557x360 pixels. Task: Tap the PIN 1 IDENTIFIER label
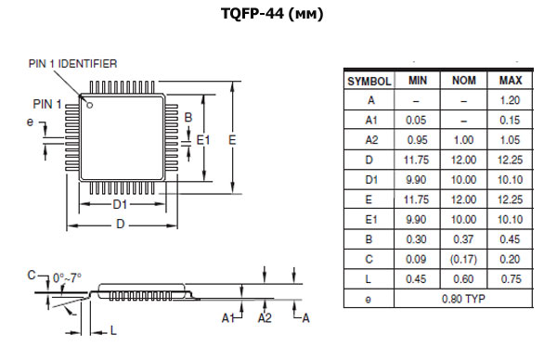[74, 63]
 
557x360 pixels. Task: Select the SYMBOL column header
[369, 81]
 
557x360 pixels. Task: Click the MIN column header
[417, 81]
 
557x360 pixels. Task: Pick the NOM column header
[463, 81]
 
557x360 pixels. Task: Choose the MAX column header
[510, 81]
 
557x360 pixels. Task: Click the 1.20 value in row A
[510, 100]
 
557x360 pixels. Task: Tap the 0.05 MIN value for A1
[417, 120]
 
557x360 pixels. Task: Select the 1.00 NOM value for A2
[463, 139]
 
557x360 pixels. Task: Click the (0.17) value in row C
[463, 259]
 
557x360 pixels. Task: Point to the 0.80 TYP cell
[463, 299]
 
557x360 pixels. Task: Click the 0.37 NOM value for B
[463, 238]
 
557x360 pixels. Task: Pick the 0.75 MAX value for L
[510, 278]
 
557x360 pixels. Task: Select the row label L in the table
[369, 278]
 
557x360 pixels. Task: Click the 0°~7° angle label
[69, 277]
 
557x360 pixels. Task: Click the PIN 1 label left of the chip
[46, 103]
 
